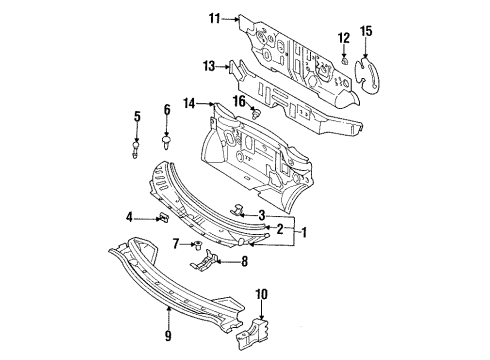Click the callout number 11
coord(215,18)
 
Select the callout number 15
coord(366,31)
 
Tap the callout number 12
coord(344,38)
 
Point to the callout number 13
coord(209,66)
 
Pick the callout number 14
coord(189,104)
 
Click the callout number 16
coord(240,101)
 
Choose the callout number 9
coord(168,335)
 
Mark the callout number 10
coord(262,294)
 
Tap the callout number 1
coord(304,232)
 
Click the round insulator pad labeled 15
coord(367,75)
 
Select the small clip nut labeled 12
coord(345,60)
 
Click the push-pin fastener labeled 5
coord(135,150)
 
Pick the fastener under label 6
coord(166,142)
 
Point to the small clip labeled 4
coord(164,218)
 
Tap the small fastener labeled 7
coord(199,246)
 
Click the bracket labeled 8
coord(204,260)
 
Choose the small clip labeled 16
coord(256,114)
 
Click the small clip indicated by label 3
coord(238,210)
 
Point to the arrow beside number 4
coord(147,219)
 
